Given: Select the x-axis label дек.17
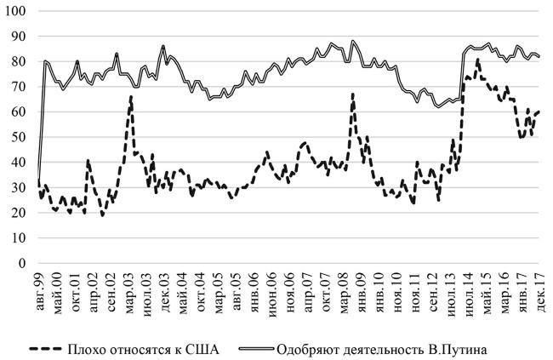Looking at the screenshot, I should point(540,289).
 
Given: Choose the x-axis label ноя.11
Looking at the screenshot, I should point(412,289).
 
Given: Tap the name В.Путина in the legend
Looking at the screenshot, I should point(465,347).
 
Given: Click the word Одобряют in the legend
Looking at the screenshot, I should point(332,347).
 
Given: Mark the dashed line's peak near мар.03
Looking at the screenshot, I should point(131,96).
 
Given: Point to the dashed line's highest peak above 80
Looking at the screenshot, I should point(477,59).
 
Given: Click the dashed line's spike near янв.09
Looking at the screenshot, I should point(353,94).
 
